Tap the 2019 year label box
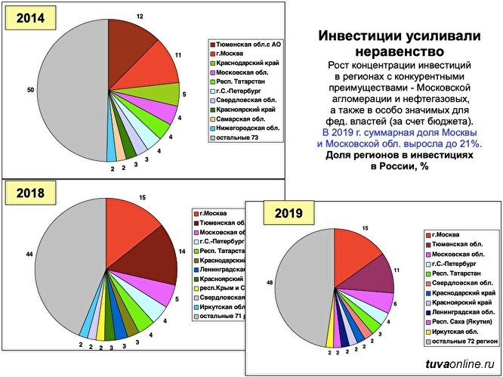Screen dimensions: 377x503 (288, 213)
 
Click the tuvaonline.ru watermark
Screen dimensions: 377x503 (456, 366)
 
